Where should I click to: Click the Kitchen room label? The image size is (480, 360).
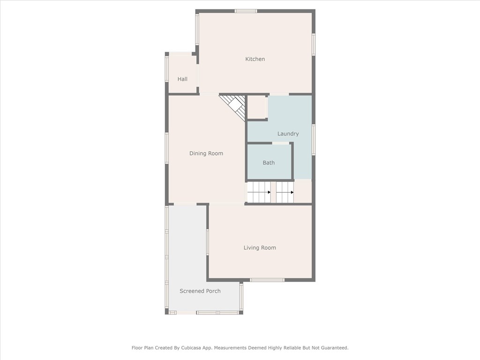(255, 59)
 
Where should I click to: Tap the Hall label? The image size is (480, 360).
(182, 79)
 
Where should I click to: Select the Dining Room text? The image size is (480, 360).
(206, 153)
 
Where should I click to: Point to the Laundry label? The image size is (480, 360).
(288, 134)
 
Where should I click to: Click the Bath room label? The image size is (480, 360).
(269, 163)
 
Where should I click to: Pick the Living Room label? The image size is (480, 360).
(260, 247)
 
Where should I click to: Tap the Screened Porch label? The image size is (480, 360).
(200, 291)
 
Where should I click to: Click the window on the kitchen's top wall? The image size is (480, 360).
(246, 11)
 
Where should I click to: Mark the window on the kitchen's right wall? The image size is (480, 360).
(314, 44)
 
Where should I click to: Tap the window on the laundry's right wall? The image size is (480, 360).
(314, 140)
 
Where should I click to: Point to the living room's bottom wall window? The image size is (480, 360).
(267, 280)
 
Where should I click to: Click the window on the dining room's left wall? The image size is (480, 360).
(166, 148)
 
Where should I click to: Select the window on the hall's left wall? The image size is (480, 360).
(166, 69)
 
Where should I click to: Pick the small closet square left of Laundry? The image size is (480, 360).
(257, 107)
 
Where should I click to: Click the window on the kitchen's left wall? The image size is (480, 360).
(197, 29)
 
